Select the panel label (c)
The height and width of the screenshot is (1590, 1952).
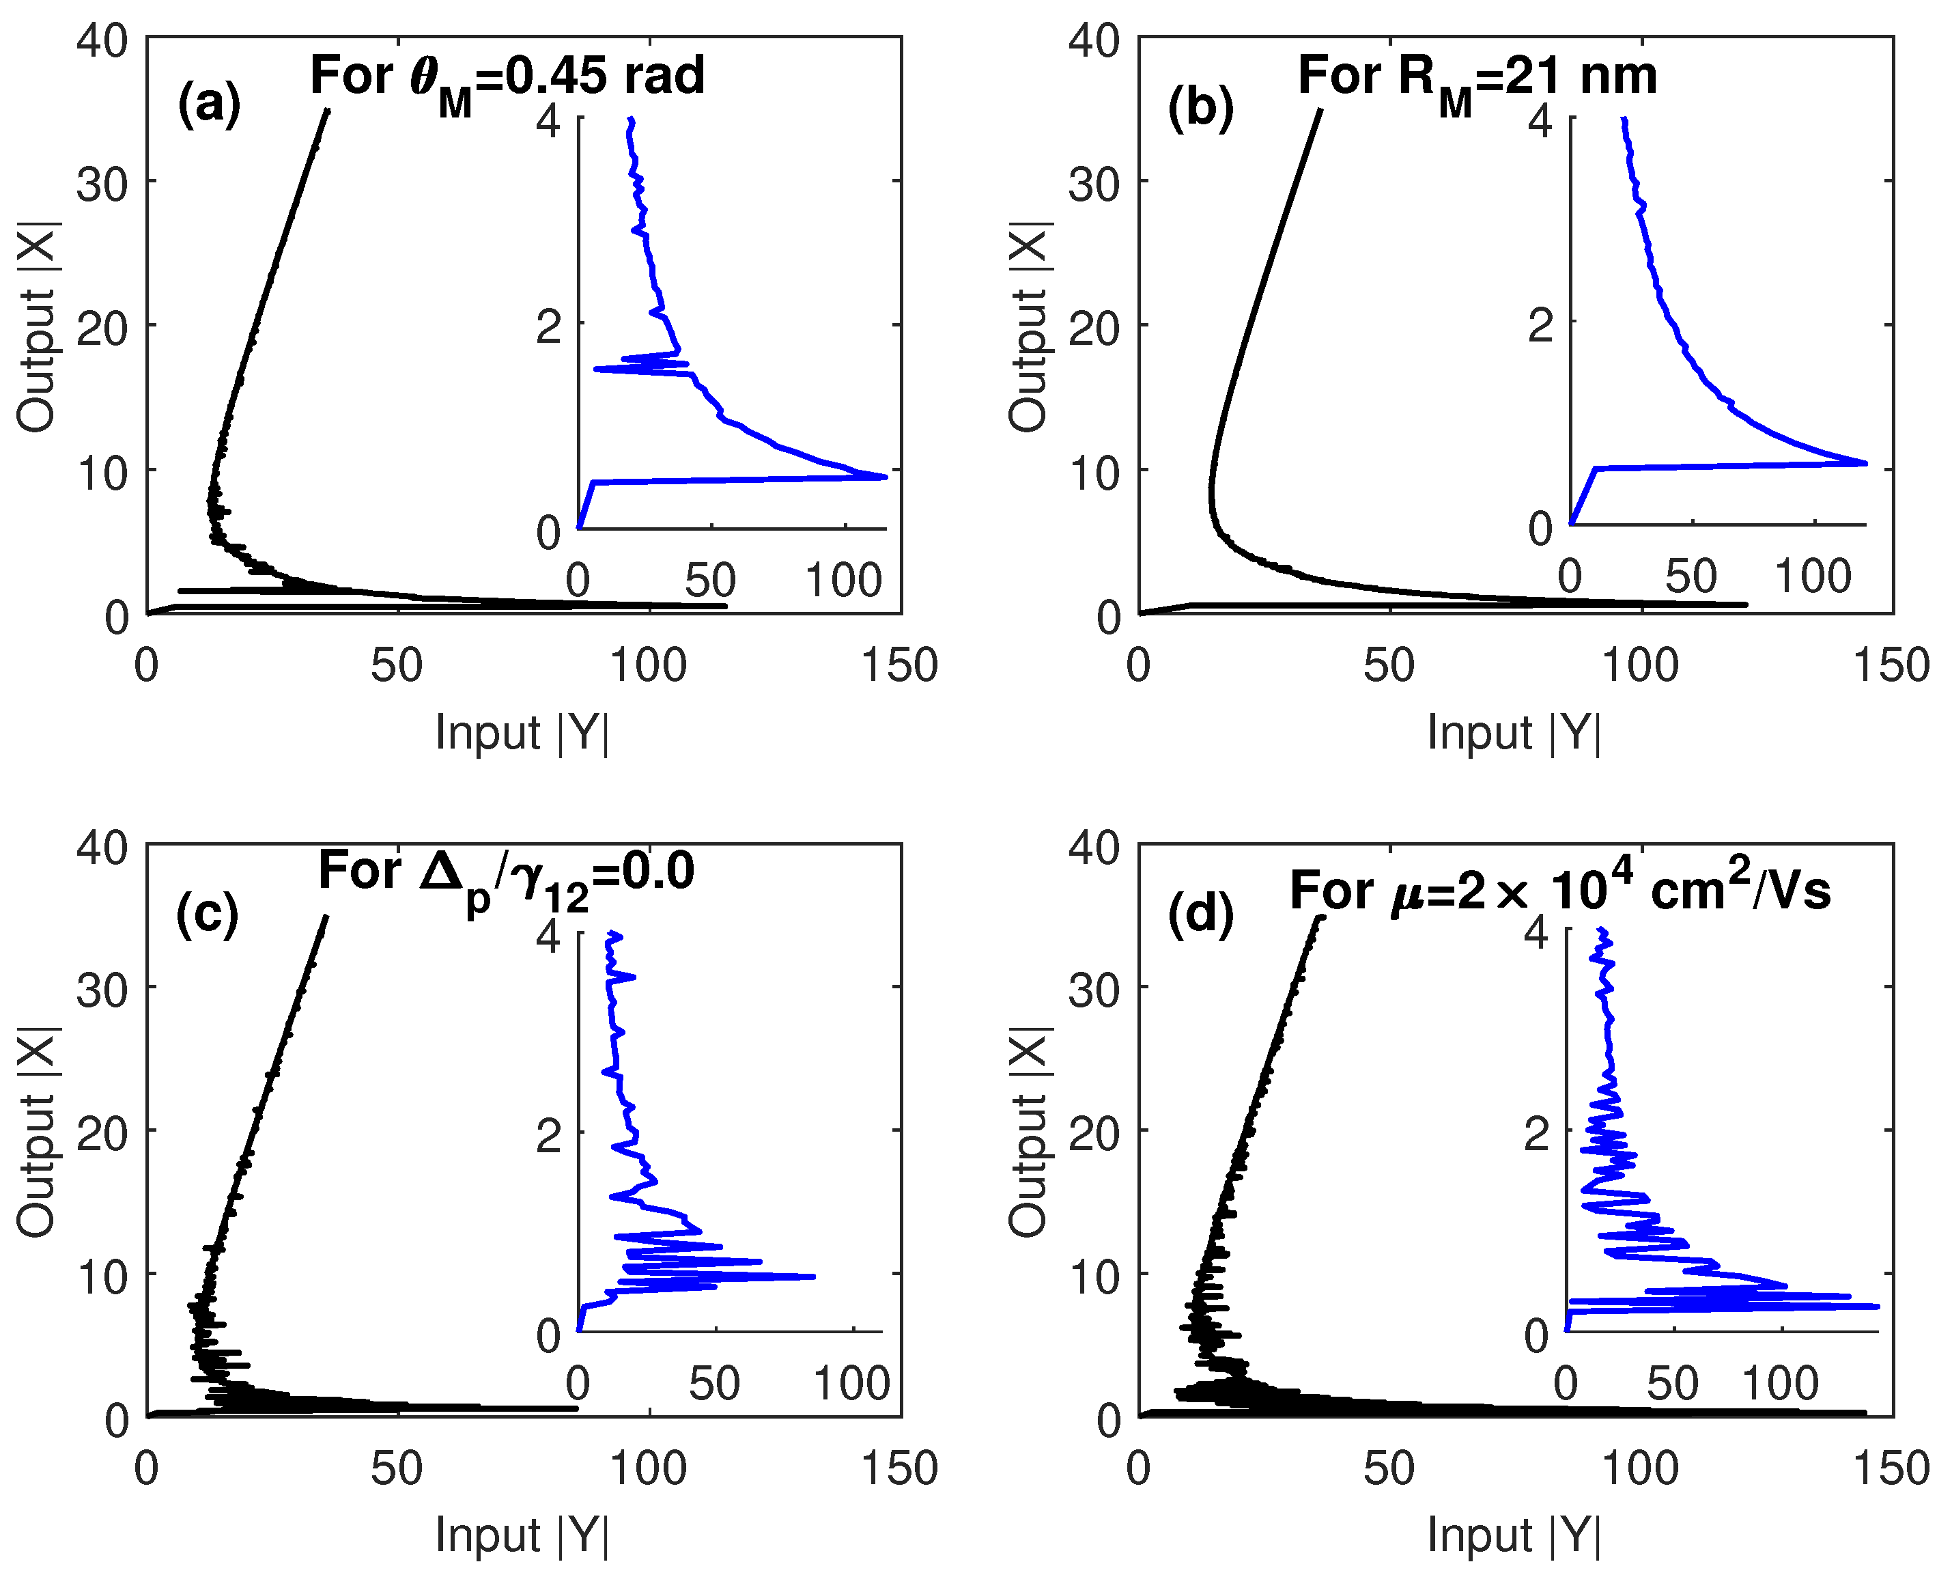[x=208, y=913]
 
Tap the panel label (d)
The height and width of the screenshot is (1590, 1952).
[x=1200, y=913]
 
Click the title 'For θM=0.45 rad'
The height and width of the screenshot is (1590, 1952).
[x=507, y=77]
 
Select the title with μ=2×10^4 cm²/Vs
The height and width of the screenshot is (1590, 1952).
[x=1559, y=890]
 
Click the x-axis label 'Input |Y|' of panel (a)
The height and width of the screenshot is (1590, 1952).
[x=522, y=733]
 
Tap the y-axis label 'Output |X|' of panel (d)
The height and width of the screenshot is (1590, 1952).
[x=1029, y=1132]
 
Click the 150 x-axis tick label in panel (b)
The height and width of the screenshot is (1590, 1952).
[x=1891, y=665]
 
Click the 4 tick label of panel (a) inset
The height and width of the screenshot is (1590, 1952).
[x=548, y=120]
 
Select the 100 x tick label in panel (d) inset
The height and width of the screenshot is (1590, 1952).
[x=1780, y=1383]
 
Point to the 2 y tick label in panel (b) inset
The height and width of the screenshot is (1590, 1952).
[x=1540, y=324]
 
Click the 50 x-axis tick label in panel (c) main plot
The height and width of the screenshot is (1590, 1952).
[x=397, y=1468]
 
